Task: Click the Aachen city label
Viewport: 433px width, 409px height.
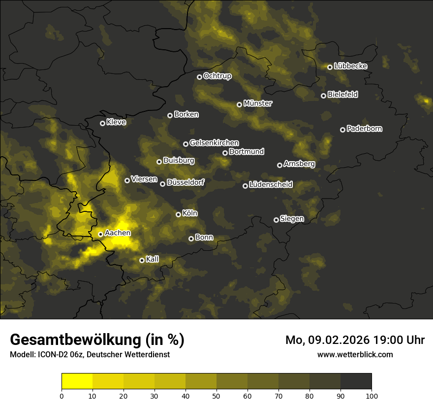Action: (x=118, y=233)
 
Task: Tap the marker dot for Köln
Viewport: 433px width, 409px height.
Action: (x=178, y=214)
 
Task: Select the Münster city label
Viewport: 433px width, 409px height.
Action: (x=257, y=103)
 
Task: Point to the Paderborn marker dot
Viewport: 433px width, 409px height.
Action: (x=342, y=130)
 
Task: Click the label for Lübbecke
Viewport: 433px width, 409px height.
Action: (x=350, y=66)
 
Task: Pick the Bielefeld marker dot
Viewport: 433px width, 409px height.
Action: (x=323, y=96)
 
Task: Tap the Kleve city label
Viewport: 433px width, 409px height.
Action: (x=116, y=122)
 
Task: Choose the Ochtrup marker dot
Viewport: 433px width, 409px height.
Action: (x=199, y=77)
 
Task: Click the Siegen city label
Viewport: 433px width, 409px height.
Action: (x=292, y=219)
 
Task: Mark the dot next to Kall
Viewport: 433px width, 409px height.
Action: (x=142, y=260)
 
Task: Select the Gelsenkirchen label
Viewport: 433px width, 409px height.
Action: (x=214, y=143)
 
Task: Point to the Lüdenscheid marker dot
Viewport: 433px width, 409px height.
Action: (x=245, y=186)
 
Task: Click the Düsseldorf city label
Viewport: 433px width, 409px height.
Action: (x=186, y=183)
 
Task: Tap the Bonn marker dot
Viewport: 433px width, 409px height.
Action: (x=191, y=239)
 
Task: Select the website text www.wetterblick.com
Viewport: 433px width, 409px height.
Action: (x=355, y=354)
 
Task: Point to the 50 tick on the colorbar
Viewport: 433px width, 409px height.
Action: (x=216, y=395)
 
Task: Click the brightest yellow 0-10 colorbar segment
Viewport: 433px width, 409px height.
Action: (x=77, y=381)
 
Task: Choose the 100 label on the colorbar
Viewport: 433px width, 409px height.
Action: (x=371, y=395)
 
